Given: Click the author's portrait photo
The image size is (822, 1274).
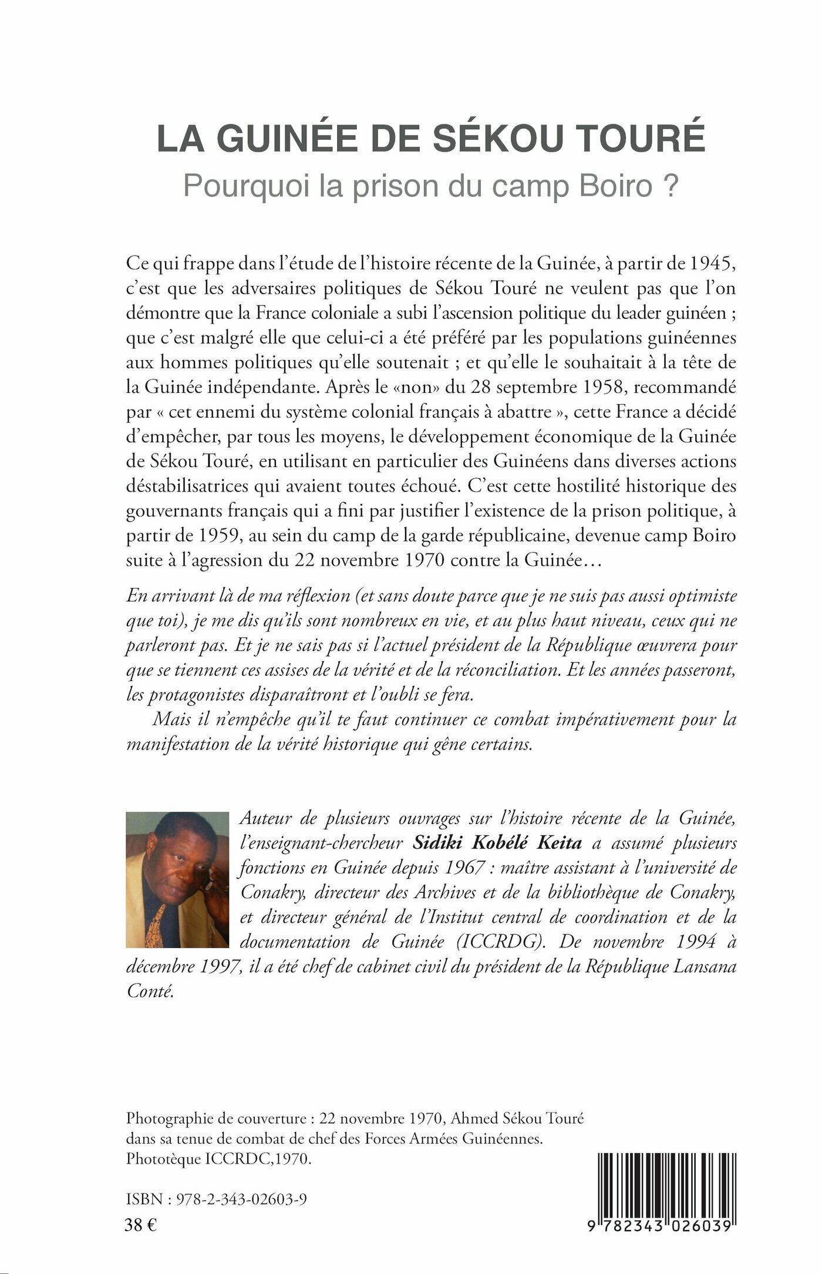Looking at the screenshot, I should click(177, 880).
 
